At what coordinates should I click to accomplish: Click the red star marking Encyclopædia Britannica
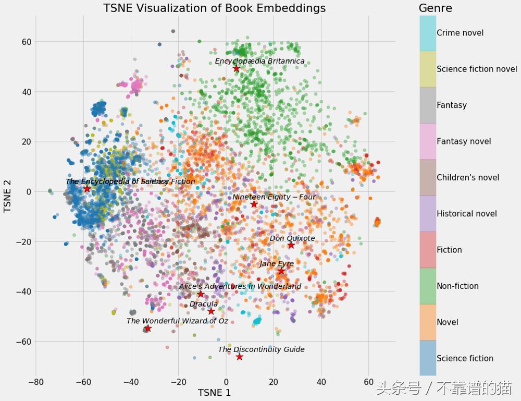[x=237, y=68]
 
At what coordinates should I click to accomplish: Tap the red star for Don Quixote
[x=291, y=245]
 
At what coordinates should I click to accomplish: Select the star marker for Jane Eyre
[x=281, y=271]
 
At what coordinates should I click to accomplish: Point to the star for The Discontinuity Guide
[x=239, y=357]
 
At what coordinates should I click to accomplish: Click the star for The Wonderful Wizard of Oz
[x=148, y=328]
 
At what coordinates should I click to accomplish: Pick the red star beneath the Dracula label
[x=211, y=311]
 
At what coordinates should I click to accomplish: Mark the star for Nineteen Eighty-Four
[x=254, y=204]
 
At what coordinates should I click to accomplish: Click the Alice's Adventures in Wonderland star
[x=201, y=294]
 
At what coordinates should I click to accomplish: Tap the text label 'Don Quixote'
[x=292, y=238]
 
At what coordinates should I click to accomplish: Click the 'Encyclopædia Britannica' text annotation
[x=259, y=61]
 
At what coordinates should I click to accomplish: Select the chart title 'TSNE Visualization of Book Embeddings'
[x=214, y=8]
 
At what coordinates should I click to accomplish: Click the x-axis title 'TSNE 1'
[x=214, y=393]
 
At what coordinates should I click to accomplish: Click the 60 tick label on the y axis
[x=27, y=42]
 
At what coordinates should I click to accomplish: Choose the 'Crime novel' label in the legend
[x=460, y=33]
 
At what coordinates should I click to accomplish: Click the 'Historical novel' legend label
[x=466, y=214]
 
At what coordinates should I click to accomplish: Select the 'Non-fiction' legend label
[x=457, y=286]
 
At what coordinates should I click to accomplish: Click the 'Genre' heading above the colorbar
[x=435, y=8]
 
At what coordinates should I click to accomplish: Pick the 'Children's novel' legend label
[x=467, y=177]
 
